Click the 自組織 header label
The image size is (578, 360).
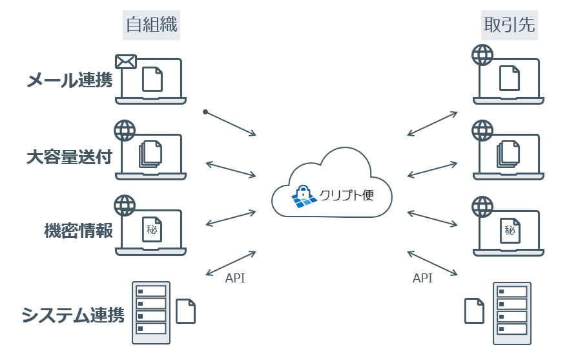point(151,26)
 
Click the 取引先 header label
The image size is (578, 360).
point(509,26)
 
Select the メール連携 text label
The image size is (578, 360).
point(69,81)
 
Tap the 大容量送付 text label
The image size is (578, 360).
point(69,157)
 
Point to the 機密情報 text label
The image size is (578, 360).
point(78,231)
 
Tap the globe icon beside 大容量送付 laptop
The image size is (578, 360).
point(125,131)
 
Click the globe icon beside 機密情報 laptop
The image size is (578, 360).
point(125,206)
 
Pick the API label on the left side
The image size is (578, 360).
point(235,279)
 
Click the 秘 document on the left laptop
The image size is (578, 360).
point(152,229)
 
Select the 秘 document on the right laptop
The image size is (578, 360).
point(510,229)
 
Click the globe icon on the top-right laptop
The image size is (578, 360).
point(482,55)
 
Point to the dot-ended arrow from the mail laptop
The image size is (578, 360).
point(231,123)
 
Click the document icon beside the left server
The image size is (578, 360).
point(186,311)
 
